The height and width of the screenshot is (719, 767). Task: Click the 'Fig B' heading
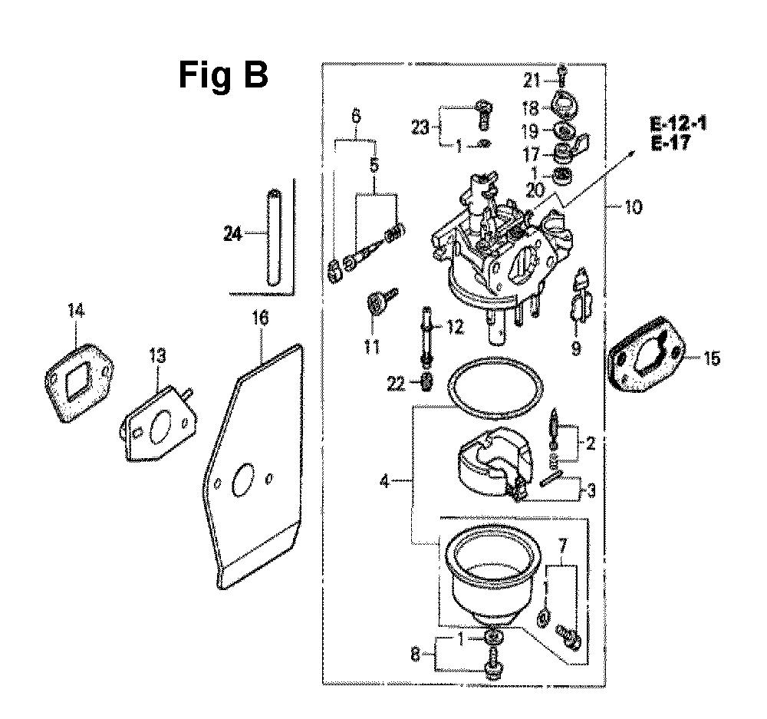(223, 76)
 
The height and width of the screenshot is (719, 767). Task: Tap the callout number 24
(232, 235)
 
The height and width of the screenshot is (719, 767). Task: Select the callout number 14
(76, 312)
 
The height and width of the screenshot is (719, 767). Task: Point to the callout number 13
(156, 356)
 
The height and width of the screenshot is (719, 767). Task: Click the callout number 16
(260, 318)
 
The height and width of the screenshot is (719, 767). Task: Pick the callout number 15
(713, 359)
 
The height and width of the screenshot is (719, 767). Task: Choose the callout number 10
(634, 207)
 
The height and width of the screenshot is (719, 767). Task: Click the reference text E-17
(670, 143)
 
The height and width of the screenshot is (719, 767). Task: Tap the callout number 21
(532, 81)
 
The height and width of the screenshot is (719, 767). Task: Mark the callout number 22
(396, 384)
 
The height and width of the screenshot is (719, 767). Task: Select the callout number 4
(384, 482)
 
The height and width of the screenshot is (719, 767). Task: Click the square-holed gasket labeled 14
(79, 382)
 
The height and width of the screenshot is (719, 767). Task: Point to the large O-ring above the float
(495, 388)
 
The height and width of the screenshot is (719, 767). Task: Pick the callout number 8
(415, 655)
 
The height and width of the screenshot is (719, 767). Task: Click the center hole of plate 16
(243, 480)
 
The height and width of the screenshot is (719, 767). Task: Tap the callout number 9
(576, 349)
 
